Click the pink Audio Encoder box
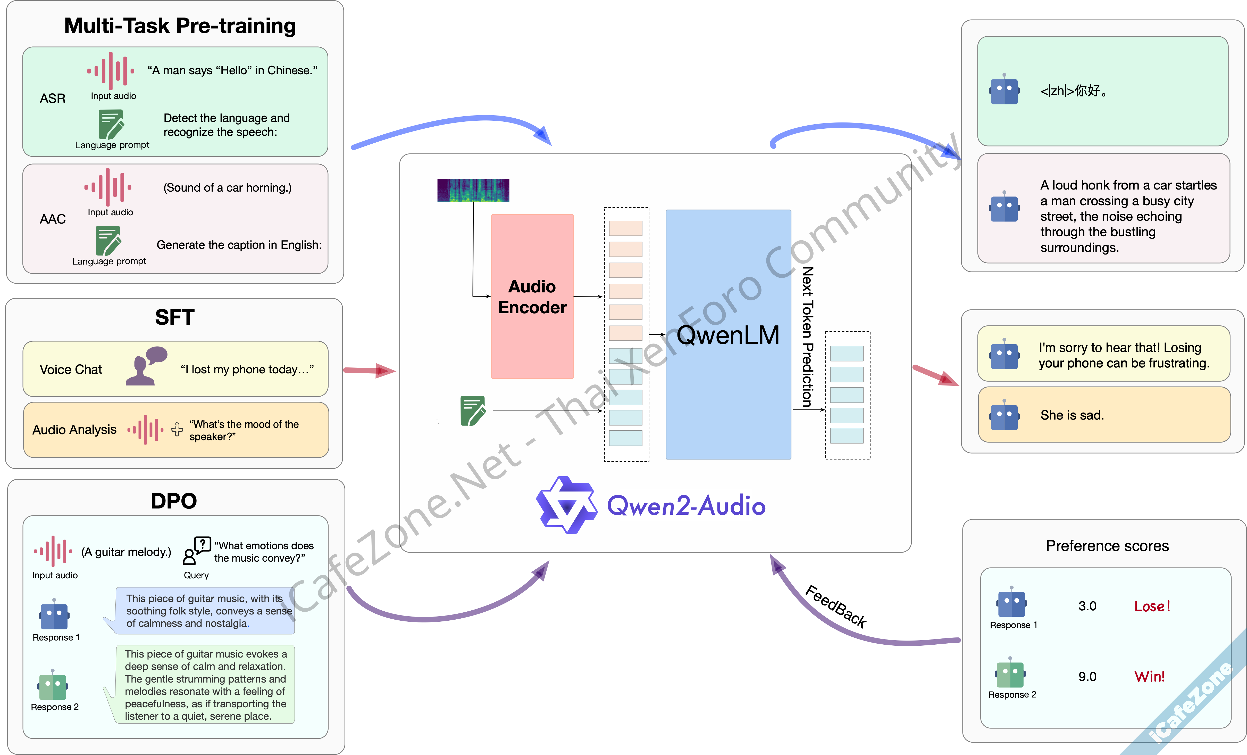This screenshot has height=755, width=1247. tap(532, 296)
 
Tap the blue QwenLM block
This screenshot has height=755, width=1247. tap(728, 334)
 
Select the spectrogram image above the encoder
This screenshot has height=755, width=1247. tap(473, 190)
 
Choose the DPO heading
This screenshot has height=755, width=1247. tap(174, 501)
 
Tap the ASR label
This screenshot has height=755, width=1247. tap(53, 98)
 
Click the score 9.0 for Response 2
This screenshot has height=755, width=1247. tap(1087, 677)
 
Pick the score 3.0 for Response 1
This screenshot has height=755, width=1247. tap(1087, 606)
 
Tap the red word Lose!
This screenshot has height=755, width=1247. tap(1152, 606)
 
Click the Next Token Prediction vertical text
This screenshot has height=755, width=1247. tap(808, 337)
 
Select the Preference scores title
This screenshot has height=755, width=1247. tap(1107, 546)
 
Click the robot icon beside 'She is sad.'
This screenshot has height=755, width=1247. tap(1004, 415)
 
